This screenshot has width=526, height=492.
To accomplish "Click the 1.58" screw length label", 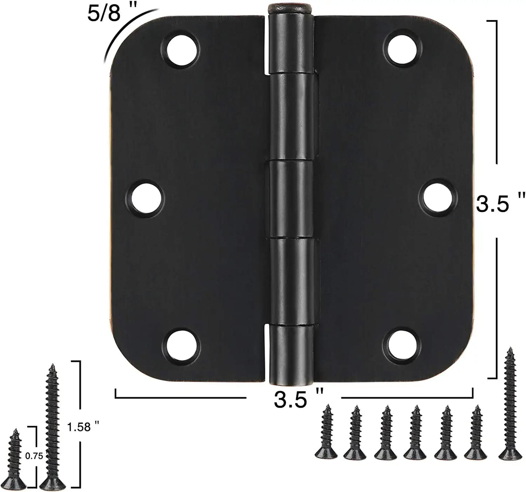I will tap(83, 427).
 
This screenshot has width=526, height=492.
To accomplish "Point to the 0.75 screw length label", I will tap(35, 456).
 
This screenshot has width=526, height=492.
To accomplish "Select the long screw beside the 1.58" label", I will tap(52, 426).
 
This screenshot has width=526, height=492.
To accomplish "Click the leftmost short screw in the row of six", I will tap(326, 433).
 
